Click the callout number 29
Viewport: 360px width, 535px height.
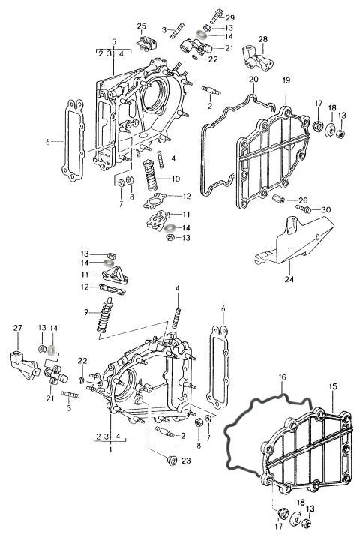[x=230, y=18]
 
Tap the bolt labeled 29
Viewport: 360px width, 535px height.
[x=216, y=15]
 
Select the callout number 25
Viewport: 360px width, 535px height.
[x=142, y=26]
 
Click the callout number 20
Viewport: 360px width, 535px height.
[x=253, y=79]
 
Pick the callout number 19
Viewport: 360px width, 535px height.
[x=286, y=80]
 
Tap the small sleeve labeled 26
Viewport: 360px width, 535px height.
[x=279, y=198]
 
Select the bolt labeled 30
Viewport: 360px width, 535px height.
[x=304, y=208]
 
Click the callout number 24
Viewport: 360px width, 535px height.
[x=289, y=279]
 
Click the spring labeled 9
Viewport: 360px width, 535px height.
[x=105, y=314]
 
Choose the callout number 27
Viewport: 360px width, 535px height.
[x=18, y=328]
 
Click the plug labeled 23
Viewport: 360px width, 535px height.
[x=172, y=461]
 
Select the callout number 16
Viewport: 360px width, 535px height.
[x=282, y=377]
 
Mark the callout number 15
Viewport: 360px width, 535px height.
[x=334, y=387]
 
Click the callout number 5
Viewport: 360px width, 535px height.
[x=114, y=41]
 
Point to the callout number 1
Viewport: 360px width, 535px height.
[x=110, y=449]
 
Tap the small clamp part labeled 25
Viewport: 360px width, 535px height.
[x=146, y=43]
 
